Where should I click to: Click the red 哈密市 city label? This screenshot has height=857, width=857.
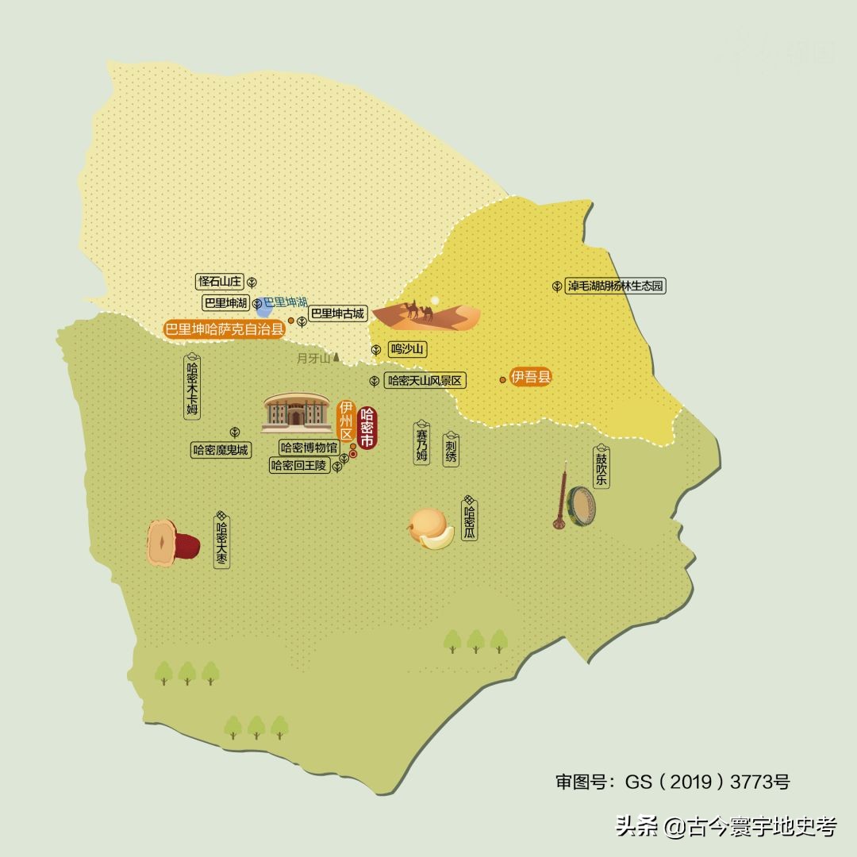tap(366, 428)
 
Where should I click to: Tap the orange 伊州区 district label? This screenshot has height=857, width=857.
tap(346, 421)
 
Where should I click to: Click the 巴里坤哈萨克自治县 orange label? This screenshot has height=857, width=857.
tap(224, 329)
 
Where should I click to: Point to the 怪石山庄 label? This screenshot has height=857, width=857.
tap(220, 282)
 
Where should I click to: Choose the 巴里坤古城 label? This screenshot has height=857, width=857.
tap(337, 313)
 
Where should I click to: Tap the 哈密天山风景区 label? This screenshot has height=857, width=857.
tap(425, 381)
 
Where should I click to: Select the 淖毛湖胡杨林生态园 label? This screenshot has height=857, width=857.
tap(615, 286)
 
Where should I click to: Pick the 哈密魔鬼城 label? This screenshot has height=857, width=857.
tap(221, 450)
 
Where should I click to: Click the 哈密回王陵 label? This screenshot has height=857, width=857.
tap(299, 466)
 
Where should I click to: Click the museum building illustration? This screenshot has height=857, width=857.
tap(297, 412)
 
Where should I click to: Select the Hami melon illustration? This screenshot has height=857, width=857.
tap(431, 528)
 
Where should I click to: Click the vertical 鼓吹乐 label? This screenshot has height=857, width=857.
tap(601, 469)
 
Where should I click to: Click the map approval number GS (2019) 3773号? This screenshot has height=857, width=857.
tap(672, 782)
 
